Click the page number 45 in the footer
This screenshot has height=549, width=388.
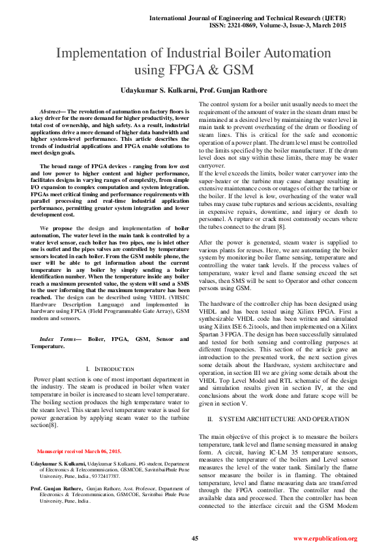tap(194, 538)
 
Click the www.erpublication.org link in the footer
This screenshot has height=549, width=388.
tap(325, 539)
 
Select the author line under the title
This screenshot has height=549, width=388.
tap(194, 89)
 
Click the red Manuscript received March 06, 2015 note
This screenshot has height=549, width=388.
tap(79, 451)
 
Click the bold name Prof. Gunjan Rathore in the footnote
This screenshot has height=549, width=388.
tap(57, 487)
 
